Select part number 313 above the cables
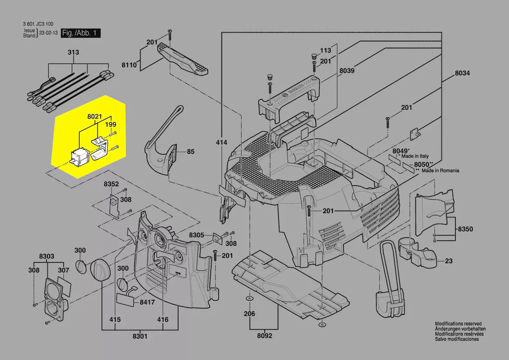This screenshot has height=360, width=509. (73, 52)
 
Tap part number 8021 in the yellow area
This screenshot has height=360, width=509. (94, 117)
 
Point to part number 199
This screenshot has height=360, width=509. (111, 125)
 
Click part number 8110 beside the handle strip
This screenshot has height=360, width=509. (129, 65)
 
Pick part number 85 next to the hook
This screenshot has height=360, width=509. (190, 152)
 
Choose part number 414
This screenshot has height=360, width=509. (222, 142)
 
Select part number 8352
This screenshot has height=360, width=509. (111, 184)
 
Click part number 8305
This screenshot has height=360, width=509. (197, 235)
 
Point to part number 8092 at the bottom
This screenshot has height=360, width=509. (264, 336)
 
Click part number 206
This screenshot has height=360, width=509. (249, 313)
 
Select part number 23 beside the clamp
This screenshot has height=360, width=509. (448, 262)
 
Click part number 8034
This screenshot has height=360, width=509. (462, 74)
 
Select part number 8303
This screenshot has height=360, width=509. (47, 256)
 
